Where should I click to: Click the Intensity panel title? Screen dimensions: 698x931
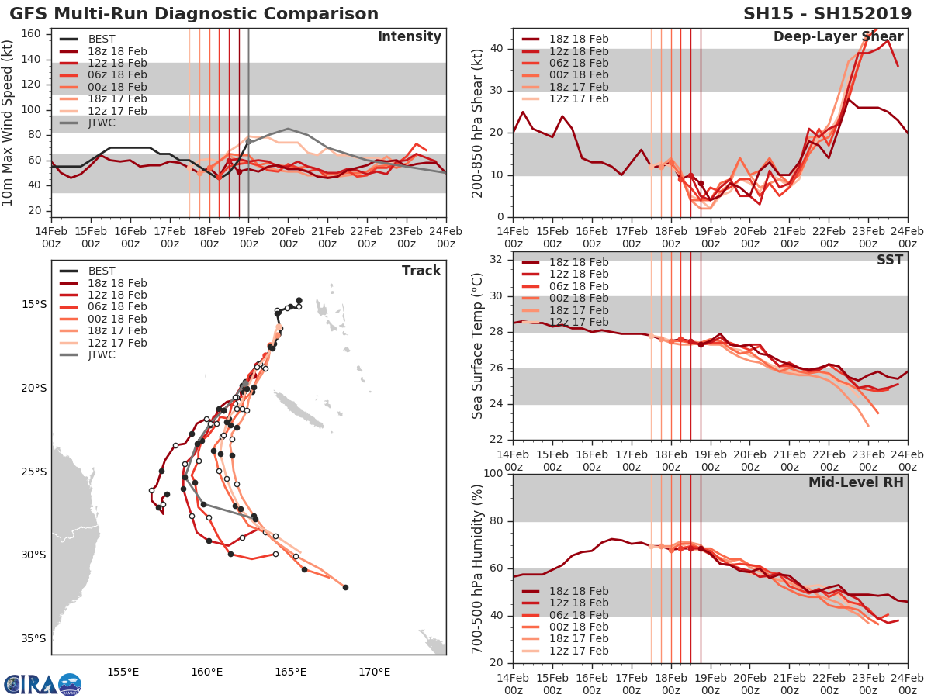pyautogui.click(x=409, y=37)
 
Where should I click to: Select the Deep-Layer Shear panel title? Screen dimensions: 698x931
pyautogui.click(x=838, y=37)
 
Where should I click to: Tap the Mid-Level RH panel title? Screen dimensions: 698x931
pyautogui.click(x=856, y=482)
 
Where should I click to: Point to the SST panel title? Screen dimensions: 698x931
pyautogui.click(x=889, y=260)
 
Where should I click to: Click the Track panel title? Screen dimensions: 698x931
pyautogui.click(x=421, y=271)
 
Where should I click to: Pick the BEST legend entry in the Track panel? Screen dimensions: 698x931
pyautogui.click(x=102, y=271)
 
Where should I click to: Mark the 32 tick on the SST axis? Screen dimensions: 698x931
pyautogui.click(x=497, y=259)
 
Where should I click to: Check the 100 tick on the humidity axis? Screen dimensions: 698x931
pyautogui.click(x=493, y=474)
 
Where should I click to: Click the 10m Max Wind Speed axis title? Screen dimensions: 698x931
pyautogui.click(x=9, y=123)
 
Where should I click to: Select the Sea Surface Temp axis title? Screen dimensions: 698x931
pyautogui.click(x=478, y=346)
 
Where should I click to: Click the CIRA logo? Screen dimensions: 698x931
pyautogui.click(x=42, y=684)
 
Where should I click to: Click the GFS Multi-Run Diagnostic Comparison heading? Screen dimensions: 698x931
pyautogui.click(x=194, y=14)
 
